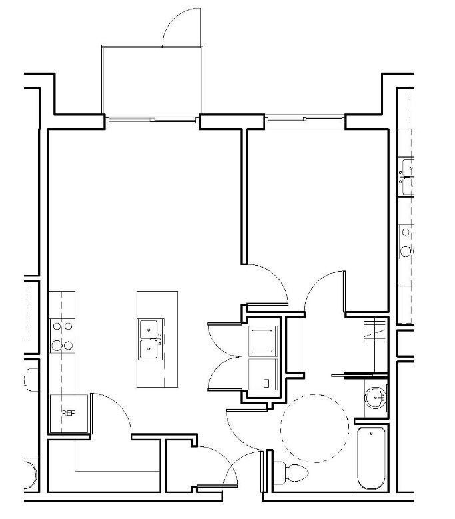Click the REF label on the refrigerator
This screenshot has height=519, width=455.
click(69, 413)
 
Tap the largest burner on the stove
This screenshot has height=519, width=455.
click(67, 346)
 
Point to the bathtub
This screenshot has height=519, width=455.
click(370, 459)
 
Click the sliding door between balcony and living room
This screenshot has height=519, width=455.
click(153, 119)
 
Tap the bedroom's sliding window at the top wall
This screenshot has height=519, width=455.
click(305, 119)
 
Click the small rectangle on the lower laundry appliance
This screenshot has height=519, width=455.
click(266, 384)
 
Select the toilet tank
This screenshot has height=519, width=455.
click(278, 472)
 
